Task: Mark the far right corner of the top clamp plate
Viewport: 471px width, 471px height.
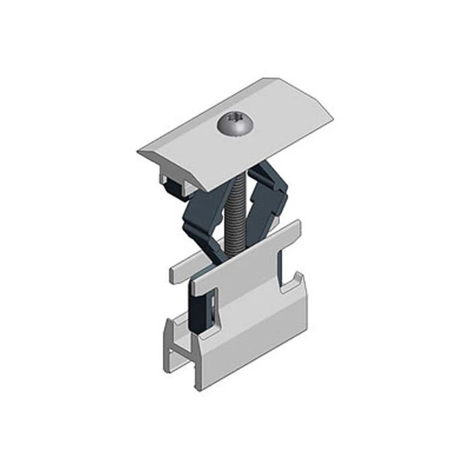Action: click(x=333, y=120)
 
